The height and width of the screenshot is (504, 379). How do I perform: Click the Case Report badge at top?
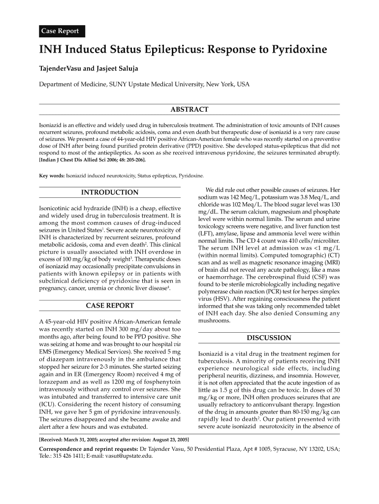[x=61, y=31]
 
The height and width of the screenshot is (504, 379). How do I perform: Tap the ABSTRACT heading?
[x=189, y=109]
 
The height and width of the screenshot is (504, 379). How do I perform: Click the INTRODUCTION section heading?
[x=109, y=192]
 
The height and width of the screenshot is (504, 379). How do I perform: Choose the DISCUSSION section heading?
[x=268, y=338]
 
